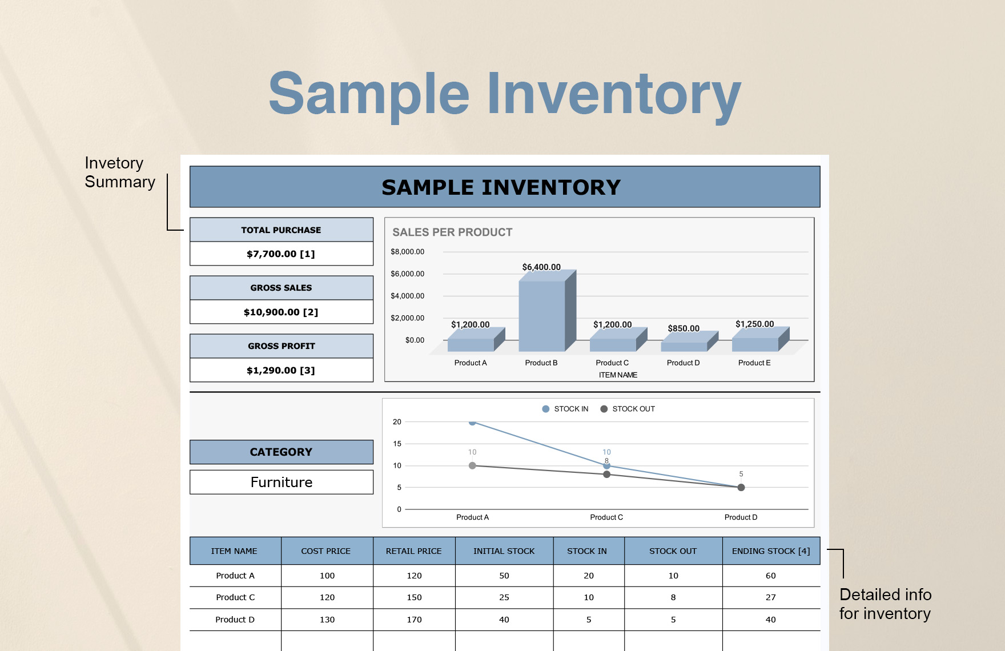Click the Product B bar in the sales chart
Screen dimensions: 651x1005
(542, 314)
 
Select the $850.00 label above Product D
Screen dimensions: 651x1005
(684, 328)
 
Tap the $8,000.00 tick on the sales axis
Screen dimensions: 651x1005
(407, 252)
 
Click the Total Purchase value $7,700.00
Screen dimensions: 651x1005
(281, 254)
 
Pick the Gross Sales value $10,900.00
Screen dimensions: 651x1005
(281, 312)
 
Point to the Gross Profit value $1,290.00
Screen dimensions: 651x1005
(281, 371)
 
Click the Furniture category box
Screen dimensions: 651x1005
(282, 483)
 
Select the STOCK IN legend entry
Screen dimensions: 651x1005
(565, 409)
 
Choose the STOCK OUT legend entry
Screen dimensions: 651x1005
(628, 409)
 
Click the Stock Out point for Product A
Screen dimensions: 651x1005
(472, 466)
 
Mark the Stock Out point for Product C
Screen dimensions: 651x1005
(606, 475)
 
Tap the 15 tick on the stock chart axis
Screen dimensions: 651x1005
(397, 444)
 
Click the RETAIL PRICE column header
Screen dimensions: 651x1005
(414, 551)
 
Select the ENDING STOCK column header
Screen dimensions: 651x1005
(771, 551)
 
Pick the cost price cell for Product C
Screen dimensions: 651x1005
(327, 597)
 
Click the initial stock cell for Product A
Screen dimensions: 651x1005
(504, 576)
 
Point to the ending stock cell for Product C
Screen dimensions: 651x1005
(771, 597)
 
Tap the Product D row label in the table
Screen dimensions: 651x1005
(235, 620)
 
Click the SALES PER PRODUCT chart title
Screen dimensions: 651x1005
(452, 232)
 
